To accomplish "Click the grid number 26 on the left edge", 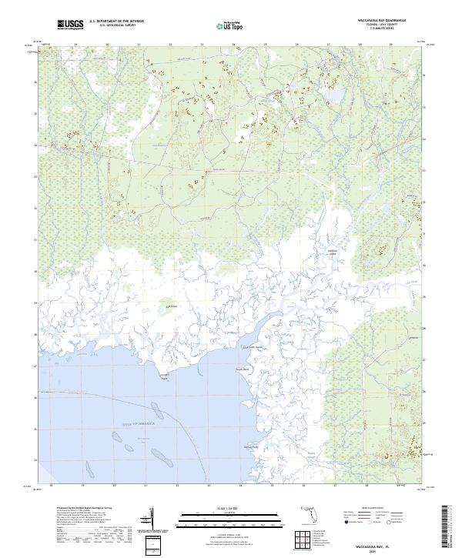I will point(34,397).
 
